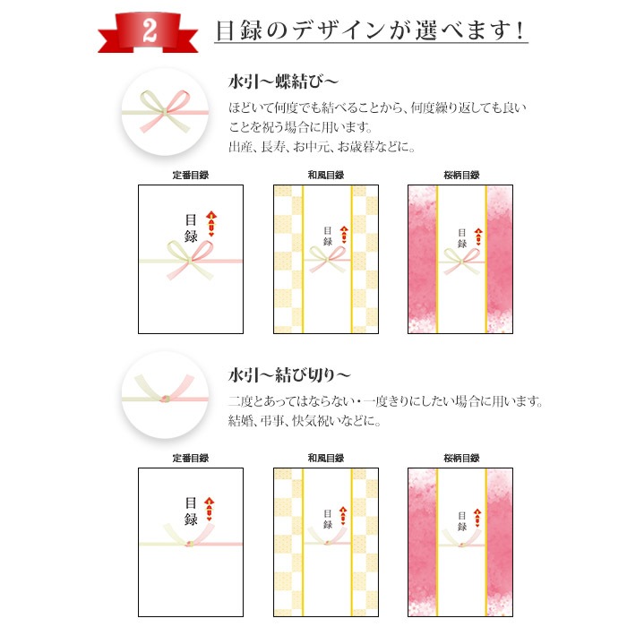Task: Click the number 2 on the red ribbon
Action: [150, 30]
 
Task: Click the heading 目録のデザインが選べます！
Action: [370, 30]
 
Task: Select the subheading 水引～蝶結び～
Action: [283, 82]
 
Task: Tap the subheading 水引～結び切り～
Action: [289, 375]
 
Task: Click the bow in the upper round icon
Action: [165, 112]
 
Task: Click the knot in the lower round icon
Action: [165, 399]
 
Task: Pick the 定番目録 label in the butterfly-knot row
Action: [190, 175]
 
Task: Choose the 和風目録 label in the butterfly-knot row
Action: [325, 175]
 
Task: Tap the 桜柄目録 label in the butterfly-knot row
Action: [461, 175]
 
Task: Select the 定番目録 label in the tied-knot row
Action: [190, 458]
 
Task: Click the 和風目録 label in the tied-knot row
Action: [325, 458]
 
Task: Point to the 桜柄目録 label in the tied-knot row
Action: [461, 458]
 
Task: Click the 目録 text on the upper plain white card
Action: [191, 228]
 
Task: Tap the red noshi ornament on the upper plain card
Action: [211, 224]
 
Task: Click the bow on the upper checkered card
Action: [327, 259]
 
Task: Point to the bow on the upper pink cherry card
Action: [461, 262]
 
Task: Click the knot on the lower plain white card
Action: [190, 544]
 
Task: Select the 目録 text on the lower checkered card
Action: [328, 519]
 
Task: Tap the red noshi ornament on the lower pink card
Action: [477, 518]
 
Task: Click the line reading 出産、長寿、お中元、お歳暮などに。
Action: [322, 147]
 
